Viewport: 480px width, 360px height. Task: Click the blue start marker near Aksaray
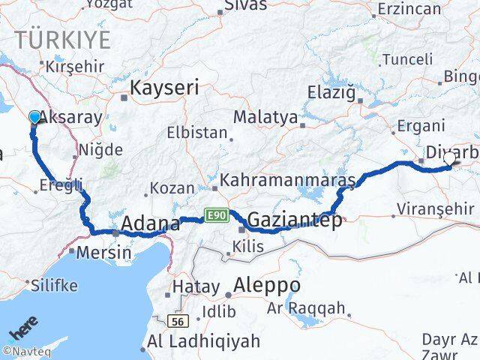tap(34, 116)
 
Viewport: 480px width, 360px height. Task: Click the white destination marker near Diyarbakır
tap(450, 159)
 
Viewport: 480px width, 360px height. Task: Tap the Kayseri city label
tap(164, 88)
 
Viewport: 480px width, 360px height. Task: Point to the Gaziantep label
tap(294, 220)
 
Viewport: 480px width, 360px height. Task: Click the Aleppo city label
tap(267, 285)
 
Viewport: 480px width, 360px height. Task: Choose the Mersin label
tap(104, 253)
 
